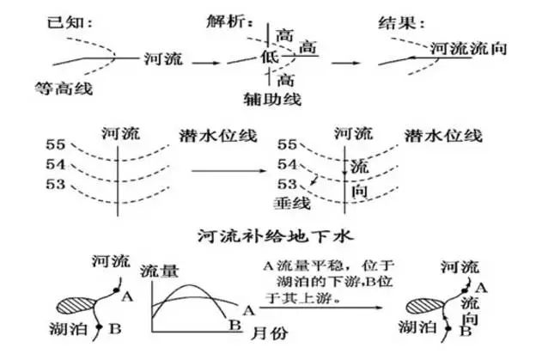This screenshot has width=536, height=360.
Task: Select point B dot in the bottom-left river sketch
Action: (x=102, y=327)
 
